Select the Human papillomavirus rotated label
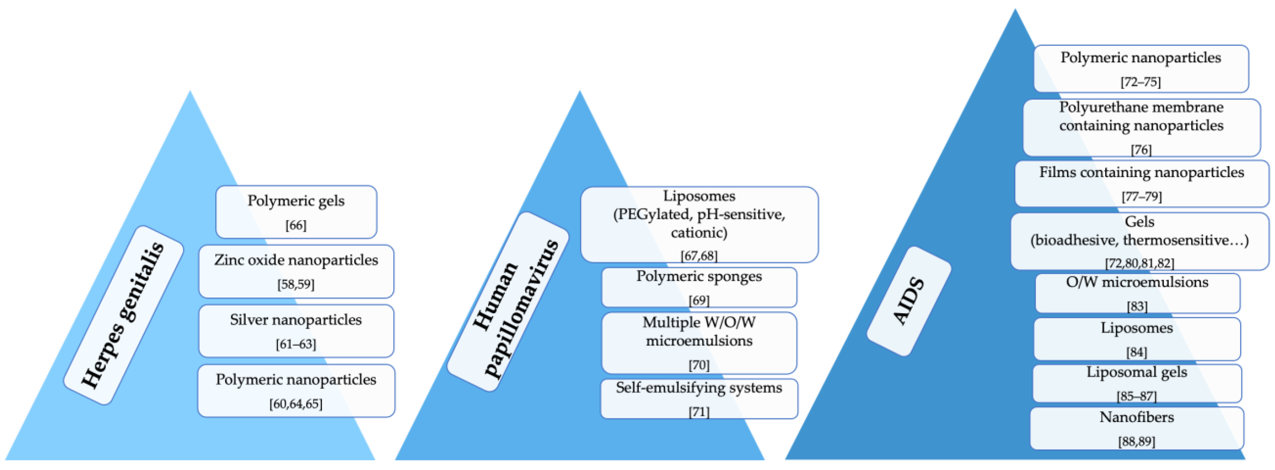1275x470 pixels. coord(508,301)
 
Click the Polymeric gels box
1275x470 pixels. coord(296,212)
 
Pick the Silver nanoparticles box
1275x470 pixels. coord(296,331)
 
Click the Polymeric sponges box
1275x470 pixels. coord(699,287)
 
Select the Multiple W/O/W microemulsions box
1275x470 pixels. coord(699,343)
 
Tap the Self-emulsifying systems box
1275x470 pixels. coord(699,398)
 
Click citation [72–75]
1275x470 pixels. coord(1140,82)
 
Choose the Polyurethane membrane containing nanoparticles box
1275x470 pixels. coord(1141,127)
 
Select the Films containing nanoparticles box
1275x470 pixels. coord(1141,183)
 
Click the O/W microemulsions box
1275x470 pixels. coord(1137,293)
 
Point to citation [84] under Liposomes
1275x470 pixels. coord(1137,352)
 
